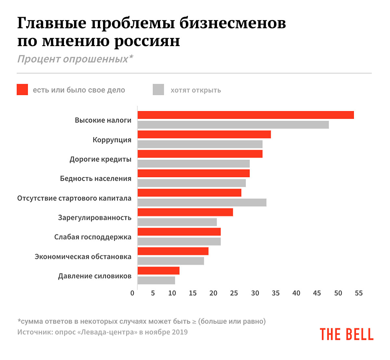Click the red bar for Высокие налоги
point(245,115)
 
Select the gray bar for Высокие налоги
point(233,125)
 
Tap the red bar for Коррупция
point(204,134)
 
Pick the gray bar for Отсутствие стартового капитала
point(202,203)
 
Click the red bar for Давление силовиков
point(158,271)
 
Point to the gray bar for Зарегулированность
point(177,222)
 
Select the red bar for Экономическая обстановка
point(173,251)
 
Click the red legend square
point(22,90)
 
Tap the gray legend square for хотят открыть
point(158,90)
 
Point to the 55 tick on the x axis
point(358,293)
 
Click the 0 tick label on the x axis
point(132,293)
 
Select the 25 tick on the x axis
point(234,293)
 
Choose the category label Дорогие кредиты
point(100,159)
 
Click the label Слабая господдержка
point(93,237)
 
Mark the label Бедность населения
point(96,179)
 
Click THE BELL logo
point(346,334)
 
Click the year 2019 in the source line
point(180,332)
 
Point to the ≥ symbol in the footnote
point(194,322)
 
